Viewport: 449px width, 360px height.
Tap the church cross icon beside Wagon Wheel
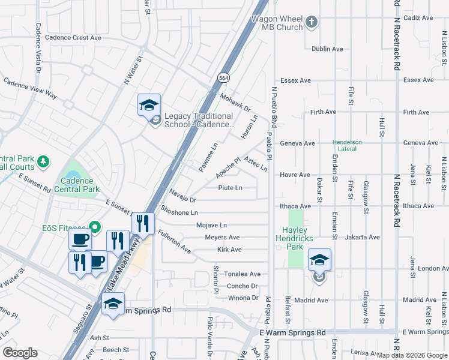pyautogui.click(x=311, y=23)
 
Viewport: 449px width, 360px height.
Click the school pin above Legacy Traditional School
pyautogui.click(x=149, y=106)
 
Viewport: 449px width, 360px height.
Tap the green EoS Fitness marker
pyautogui.click(x=94, y=227)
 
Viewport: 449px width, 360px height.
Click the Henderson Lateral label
pyautogui.click(x=348, y=145)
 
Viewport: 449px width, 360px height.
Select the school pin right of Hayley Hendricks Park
pyautogui.click(x=319, y=260)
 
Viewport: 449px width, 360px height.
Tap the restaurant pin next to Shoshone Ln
pyautogui.click(x=142, y=224)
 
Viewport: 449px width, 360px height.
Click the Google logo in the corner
pyautogui.click(x=20, y=353)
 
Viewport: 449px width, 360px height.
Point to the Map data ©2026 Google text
pyautogui.click(x=412, y=355)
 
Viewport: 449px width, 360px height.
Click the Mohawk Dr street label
pyautogui.click(x=234, y=103)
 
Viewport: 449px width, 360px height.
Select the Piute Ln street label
pyautogui.click(x=230, y=188)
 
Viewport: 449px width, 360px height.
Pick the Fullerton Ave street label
pyautogui.click(x=173, y=242)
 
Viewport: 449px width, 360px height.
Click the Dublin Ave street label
pyautogui.click(x=327, y=49)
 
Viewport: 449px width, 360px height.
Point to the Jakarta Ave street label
pyautogui.click(x=363, y=238)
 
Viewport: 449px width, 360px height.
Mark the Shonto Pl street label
pyautogui.click(x=215, y=271)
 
